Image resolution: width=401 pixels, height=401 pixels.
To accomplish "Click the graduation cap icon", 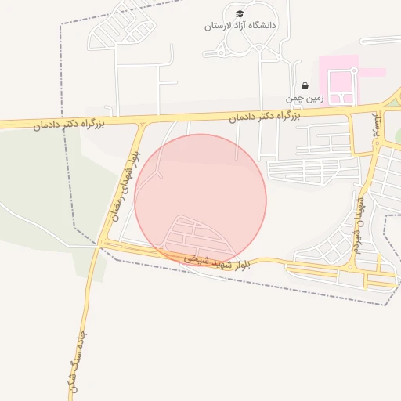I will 240,14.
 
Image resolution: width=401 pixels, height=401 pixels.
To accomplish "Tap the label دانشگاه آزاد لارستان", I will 240,26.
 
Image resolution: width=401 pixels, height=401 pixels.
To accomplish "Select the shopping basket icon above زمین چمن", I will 305,86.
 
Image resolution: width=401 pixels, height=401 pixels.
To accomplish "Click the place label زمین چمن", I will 304,99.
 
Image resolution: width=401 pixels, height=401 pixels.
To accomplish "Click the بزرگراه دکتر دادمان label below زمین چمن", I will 266,117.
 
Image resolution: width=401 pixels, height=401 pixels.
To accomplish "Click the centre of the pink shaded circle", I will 200,200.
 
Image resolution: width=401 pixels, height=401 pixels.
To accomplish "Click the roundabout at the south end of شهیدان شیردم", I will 350,266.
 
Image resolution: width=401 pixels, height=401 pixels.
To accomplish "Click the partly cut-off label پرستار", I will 378,126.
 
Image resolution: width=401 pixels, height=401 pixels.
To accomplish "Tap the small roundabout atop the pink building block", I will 354,71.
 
